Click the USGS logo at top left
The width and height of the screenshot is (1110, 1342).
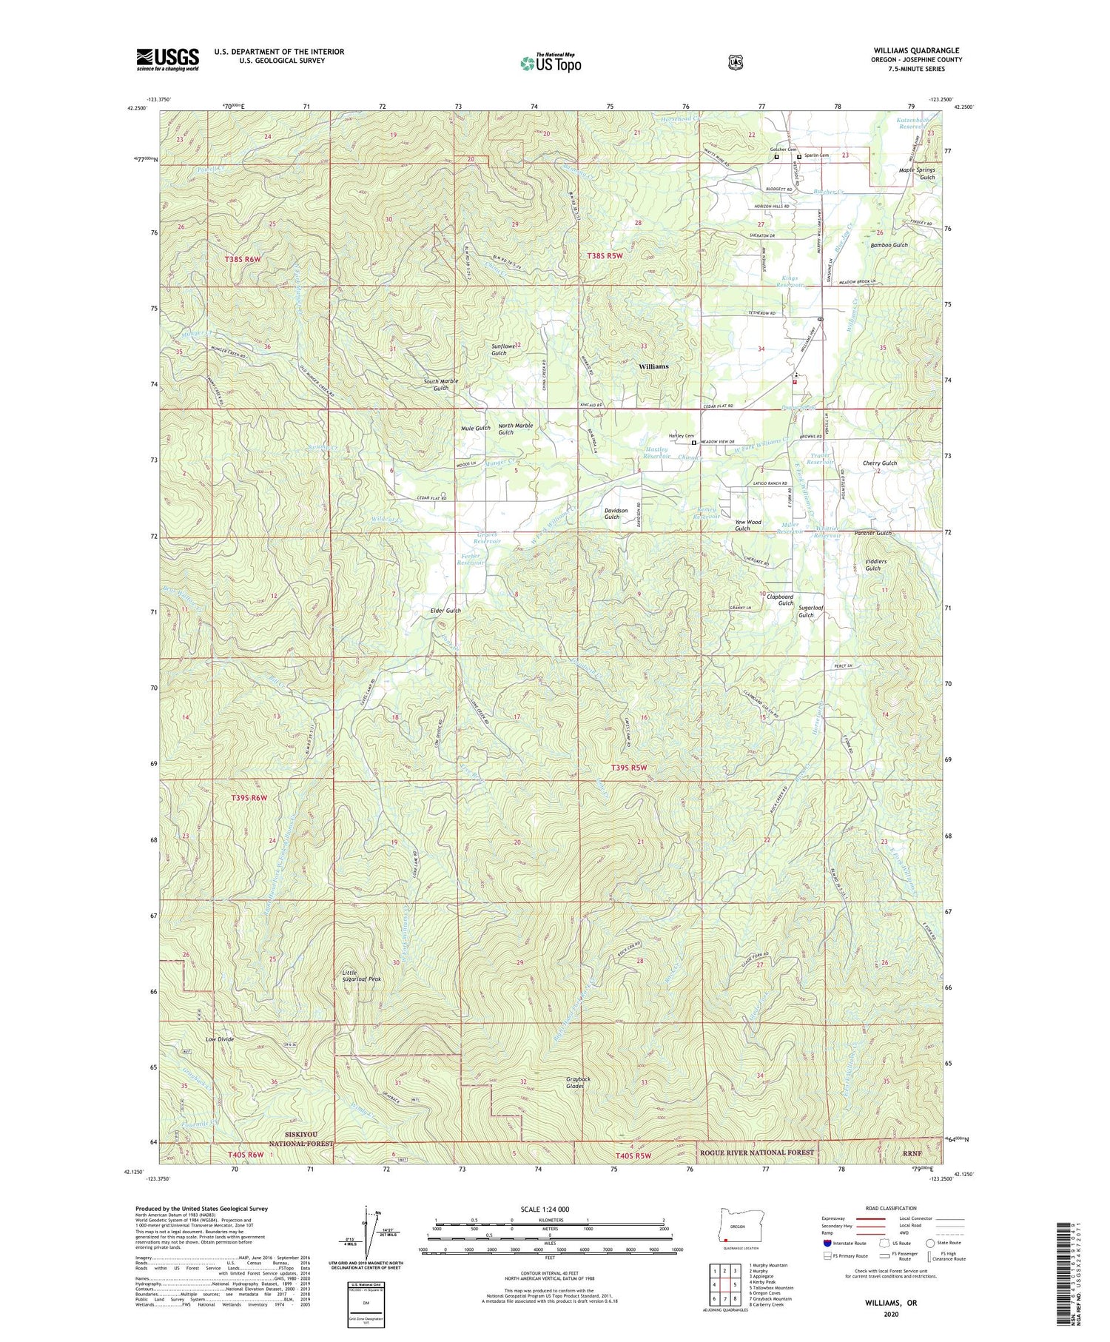(167, 59)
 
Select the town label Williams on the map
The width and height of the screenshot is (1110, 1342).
(653, 366)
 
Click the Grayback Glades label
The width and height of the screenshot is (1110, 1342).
(575, 1083)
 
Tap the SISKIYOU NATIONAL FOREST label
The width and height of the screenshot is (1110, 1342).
(300, 1139)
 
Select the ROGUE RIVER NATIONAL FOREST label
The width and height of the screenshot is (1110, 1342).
(756, 1152)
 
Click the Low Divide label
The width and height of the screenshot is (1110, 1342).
(220, 1039)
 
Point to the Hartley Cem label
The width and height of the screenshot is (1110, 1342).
(681, 436)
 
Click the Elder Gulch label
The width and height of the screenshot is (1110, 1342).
(445, 611)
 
